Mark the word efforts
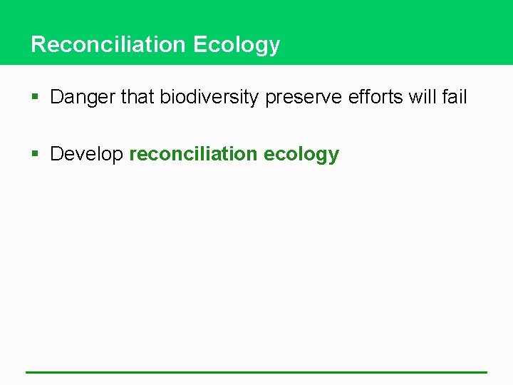tap(375, 97)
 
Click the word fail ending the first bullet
tap(454, 97)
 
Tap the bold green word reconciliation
tap(193, 154)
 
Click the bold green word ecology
tap(301, 155)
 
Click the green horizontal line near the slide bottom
tap(256, 372)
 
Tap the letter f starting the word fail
tap(445, 97)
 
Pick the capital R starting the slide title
tap(38, 44)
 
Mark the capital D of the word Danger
tap(57, 97)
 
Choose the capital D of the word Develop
tap(57, 154)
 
